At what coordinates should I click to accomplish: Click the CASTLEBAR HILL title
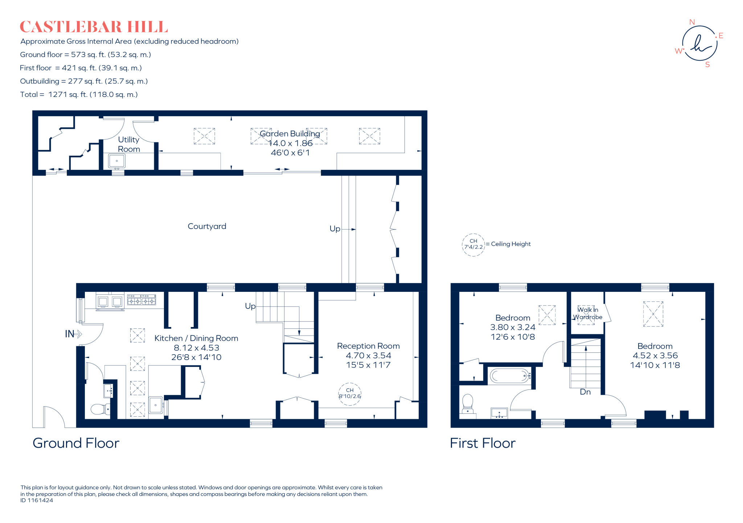tap(94, 27)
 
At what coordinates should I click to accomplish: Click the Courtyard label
tap(207, 226)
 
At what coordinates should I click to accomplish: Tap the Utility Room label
tap(129, 144)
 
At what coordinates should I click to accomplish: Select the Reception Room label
tap(368, 346)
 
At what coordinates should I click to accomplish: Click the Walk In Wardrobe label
tap(588, 313)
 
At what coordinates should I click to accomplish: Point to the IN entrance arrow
tap(73, 334)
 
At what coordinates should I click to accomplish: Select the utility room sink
tap(117, 161)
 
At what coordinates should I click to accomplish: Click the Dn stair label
tap(585, 392)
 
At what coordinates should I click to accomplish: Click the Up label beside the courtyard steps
tap(334, 229)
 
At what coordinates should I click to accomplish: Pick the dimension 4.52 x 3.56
tap(655, 356)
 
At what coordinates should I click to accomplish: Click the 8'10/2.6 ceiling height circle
tap(350, 393)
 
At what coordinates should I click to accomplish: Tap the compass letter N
tap(692, 22)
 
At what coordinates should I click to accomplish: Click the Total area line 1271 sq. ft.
tap(79, 95)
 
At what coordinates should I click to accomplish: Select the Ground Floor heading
tap(76, 443)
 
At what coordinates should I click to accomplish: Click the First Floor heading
tap(483, 443)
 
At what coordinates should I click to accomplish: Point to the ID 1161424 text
tap(37, 500)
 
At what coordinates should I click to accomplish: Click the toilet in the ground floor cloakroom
tap(99, 409)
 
